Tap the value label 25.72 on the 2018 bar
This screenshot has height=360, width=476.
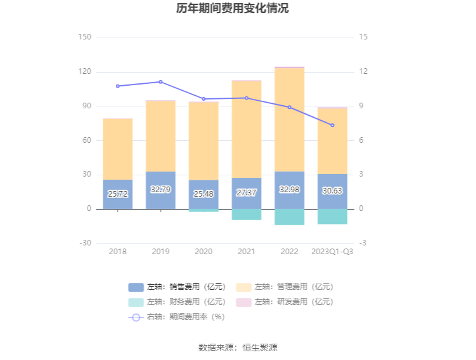pos(118,194)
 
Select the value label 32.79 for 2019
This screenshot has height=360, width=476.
pos(160,189)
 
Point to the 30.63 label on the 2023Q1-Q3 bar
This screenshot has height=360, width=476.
pos(332,191)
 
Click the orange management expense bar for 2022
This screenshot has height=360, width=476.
pos(289,119)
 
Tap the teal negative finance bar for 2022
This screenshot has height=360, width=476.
pos(289,217)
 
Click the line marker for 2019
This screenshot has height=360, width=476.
pos(160,82)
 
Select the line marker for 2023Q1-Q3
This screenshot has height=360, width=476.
pos(333,125)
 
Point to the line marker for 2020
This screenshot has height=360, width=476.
pos(204,99)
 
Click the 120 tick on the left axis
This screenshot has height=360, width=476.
pos(84,72)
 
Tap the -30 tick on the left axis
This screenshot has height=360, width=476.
pos(84,243)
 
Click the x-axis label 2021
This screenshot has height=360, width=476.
pos(246,252)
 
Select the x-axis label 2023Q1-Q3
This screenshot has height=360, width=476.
pos(332,252)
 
